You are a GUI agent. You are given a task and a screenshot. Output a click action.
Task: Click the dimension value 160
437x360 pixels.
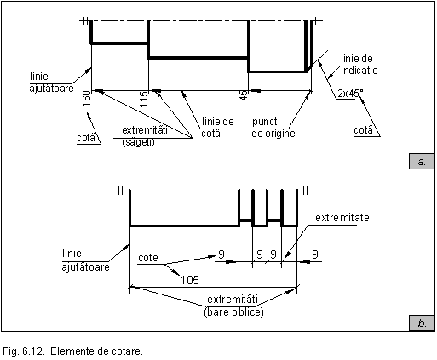point(87,99)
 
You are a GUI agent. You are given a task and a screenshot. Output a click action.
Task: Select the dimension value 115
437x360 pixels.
point(144,99)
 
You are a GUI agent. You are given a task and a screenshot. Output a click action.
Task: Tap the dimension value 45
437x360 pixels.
point(244,95)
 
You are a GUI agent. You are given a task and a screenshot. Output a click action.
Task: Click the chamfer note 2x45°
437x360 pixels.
point(350,93)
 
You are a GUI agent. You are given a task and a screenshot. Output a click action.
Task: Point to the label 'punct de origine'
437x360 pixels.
point(273,128)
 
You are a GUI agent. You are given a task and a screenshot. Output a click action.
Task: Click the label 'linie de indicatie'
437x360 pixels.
point(359,65)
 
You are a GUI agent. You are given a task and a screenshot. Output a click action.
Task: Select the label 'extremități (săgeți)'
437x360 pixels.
point(145,136)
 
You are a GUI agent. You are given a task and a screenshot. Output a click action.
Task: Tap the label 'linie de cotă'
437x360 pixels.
point(217,128)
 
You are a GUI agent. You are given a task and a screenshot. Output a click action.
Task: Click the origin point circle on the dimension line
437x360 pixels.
point(311,90)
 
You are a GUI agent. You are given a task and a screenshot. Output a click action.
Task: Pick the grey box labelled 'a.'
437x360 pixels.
point(422,162)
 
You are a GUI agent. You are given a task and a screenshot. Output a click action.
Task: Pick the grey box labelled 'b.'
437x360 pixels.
point(422,323)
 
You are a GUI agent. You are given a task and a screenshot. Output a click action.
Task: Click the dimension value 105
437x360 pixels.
point(190,280)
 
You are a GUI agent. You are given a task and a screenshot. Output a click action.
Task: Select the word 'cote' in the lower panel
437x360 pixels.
point(148,258)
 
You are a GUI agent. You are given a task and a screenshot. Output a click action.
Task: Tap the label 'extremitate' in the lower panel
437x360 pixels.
point(342,218)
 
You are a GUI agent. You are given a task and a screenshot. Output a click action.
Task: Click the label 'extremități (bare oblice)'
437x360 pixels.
point(233,306)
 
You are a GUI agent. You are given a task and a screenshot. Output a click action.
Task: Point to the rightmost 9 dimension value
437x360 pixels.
point(315,254)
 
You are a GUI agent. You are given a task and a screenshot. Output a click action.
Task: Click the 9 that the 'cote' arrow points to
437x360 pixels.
point(221,254)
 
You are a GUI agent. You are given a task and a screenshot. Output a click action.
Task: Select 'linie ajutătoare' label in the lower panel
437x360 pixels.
point(85,260)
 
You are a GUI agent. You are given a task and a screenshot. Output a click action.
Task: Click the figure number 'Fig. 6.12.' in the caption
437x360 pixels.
point(23,351)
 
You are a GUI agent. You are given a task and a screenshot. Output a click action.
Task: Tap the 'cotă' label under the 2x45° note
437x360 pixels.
point(363,130)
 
